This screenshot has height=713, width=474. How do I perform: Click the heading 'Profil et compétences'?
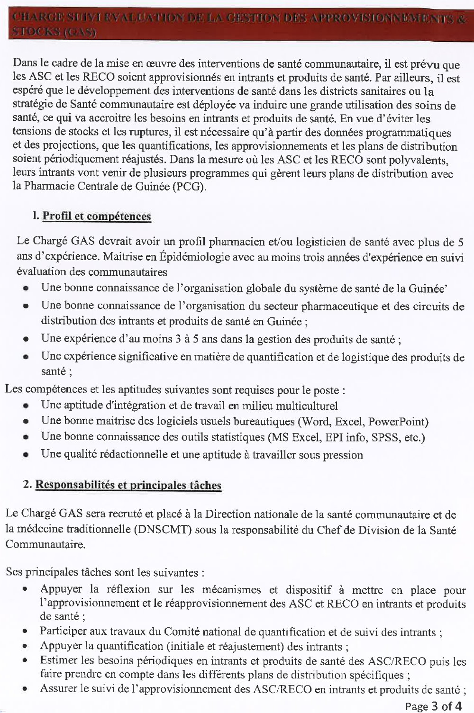97,217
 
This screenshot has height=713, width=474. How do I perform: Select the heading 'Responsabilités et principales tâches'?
128,486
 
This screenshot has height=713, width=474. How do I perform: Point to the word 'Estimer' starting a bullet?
57,660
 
